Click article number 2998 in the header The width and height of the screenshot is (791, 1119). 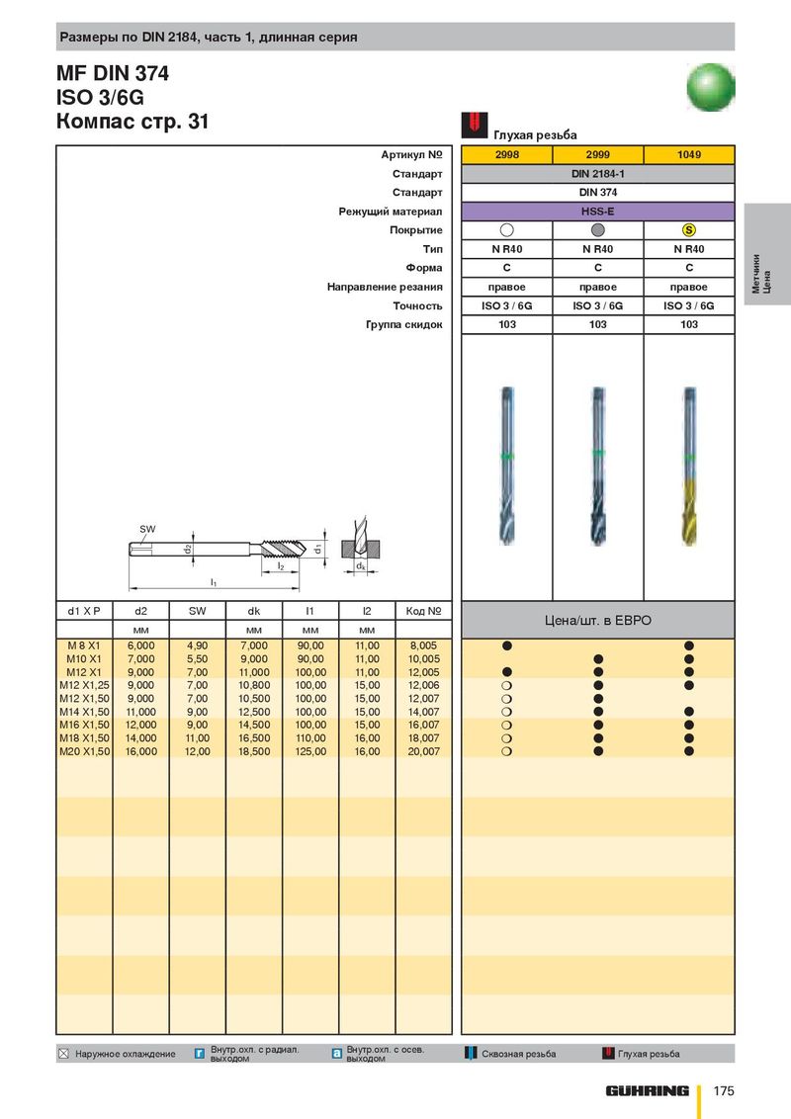[x=506, y=155]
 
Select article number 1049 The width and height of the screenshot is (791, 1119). [x=689, y=155]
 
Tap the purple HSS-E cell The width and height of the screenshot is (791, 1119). [x=597, y=212]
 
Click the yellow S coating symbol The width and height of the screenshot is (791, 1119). [x=689, y=230]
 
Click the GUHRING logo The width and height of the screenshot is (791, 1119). [x=648, y=1090]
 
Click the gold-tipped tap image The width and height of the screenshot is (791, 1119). [x=689, y=465]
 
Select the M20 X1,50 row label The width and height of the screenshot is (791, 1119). [x=84, y=751]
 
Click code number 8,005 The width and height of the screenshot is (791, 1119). [x=423, y=646]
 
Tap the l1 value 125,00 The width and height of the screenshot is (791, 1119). [x=310, y=751]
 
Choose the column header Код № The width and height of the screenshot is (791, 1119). [x=423, y=611]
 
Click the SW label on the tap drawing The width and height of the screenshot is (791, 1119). [x=147, y=529]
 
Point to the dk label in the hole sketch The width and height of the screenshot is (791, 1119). [x=362, y=566]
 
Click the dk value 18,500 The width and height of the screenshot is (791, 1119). [x=254, y=751]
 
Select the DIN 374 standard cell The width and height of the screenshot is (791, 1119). [x=597, y=193]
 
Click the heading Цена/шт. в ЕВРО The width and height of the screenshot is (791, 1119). [x=597, y=621]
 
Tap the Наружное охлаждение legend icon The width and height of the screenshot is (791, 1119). [x=65, y=1054]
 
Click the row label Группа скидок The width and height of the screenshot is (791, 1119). [x=403, y=324]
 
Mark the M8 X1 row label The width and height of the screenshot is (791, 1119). [x=84, y=646]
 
